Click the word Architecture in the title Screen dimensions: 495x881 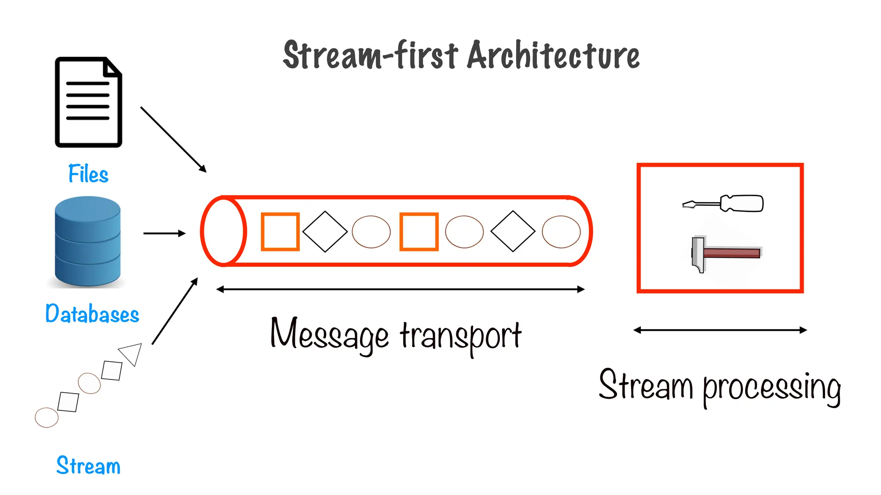click(553, 56)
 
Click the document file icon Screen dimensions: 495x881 click(88, 102)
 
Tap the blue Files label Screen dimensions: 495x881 click(88, 174)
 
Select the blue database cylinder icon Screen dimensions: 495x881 click(88, 241)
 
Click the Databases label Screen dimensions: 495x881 click(92, 314)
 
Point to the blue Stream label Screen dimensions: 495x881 click(88, 466)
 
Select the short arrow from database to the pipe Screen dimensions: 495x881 click(164, 233)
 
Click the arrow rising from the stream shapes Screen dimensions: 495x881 click(175, 311)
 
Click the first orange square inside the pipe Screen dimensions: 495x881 click(280, 232)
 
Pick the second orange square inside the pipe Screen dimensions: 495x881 click(419, 232)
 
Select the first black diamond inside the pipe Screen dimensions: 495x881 click(325, 232)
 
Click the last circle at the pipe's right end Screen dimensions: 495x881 click(561, 232)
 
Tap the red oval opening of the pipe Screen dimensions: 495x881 click(223, 232)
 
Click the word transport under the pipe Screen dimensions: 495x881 click(461, 336)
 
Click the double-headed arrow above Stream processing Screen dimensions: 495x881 click(720, 330)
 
